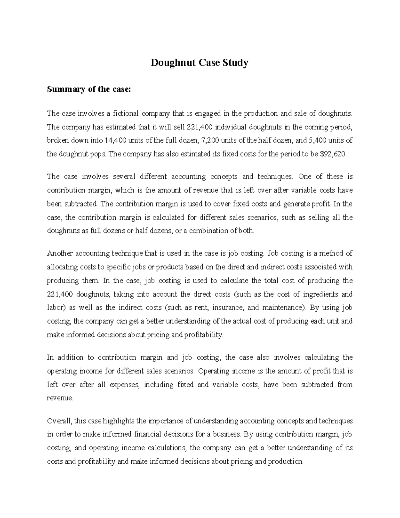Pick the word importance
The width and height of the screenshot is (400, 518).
pos(165,421)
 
